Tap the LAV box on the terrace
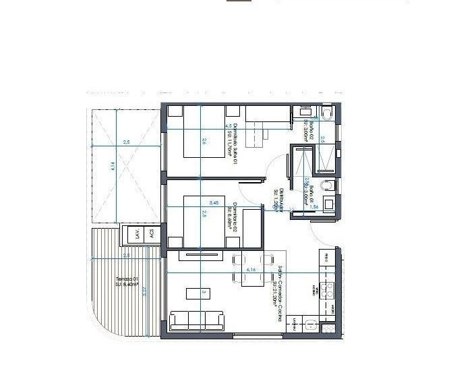(x=137, y=235)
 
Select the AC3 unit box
(x=152, y=235)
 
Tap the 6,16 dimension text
(x=252, y=270)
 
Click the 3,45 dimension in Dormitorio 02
(x=214, y=202)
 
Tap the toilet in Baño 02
(x=326, y=113)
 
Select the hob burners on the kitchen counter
(x=326, y=290)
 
